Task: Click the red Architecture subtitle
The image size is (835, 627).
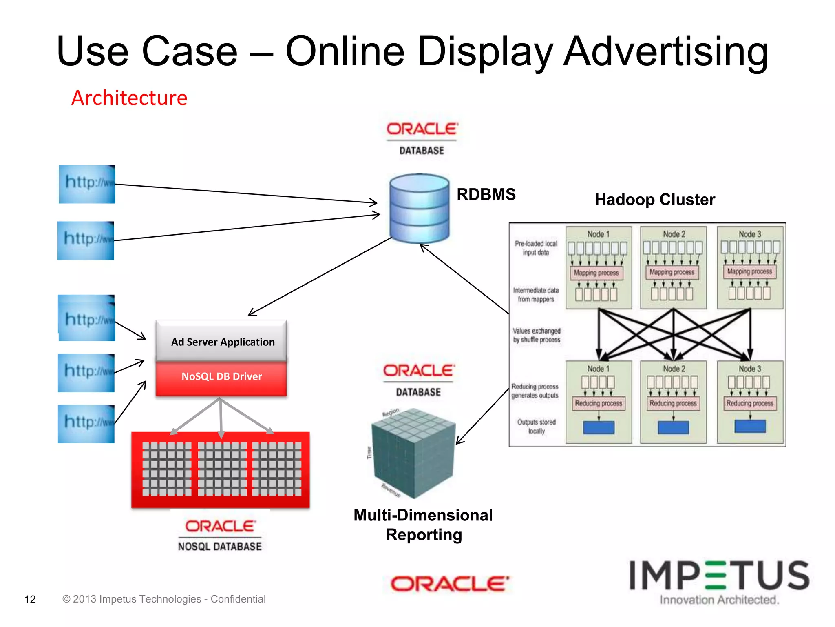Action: point(129,98)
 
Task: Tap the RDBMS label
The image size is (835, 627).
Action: point(486,194)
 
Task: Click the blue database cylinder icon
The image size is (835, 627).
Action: point(419,208)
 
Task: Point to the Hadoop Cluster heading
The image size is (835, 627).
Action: point(655,200)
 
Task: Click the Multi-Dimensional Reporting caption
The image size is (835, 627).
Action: point(423,525)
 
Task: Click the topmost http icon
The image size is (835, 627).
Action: point(87,184)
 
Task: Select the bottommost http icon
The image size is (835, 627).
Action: point(86,424)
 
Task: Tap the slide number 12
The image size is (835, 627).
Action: point(30,599)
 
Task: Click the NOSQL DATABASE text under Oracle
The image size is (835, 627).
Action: point(220,547)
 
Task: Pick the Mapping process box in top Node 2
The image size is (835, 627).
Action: point(672,272)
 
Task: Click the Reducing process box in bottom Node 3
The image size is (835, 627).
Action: point(749,403)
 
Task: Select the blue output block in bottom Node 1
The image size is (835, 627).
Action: point(599,427)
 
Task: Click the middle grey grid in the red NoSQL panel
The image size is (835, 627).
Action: point(222,469)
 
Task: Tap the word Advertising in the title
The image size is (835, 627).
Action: point(665,51)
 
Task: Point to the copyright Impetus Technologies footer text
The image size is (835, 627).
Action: point(164,599)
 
